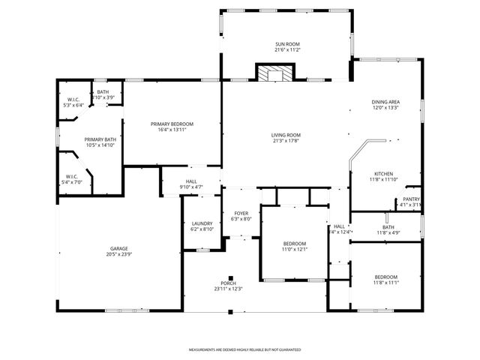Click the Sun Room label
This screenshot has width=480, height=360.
point(287,45)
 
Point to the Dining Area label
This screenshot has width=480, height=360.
point(385,101)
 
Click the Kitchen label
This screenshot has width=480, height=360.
point(384,173)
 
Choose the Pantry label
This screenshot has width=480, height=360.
point(410,199)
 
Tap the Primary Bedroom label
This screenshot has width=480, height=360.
point(172,124)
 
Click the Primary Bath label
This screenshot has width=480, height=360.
point(100,139)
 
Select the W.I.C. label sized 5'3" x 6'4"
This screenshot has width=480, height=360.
point(73,100)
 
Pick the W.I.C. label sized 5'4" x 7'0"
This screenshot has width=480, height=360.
point(72,176)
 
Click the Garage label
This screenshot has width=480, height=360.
point(118,248)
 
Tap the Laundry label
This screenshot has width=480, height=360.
point(202,223)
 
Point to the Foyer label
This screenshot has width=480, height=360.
point(241,214)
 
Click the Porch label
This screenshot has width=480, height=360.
point(229,283)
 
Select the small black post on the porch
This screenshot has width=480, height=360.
point(231,276)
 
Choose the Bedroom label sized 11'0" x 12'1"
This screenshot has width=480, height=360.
point(294,244)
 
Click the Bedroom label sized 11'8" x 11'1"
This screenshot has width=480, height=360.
point(385,277)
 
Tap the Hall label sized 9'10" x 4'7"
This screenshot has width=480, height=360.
point(191,181)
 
